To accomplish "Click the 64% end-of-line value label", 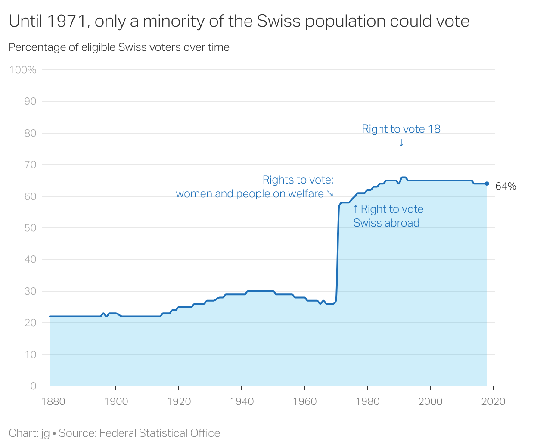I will tap(506, 186).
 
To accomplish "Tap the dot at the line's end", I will tap(487, 184).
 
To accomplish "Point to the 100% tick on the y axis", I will tap(23, 70).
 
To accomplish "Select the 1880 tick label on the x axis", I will tap(53, 401).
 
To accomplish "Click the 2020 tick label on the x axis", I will tap(493, 401).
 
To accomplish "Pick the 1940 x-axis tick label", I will tap(242, 401).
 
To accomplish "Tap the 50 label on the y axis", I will tap(30, 228).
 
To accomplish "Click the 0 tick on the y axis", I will tap(33, 386).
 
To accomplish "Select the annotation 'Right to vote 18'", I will tap(401, 129).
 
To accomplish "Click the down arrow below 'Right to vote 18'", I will tap(401, 143).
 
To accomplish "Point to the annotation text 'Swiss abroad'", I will tap(386, 223).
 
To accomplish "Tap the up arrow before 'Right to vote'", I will tap(356, 209).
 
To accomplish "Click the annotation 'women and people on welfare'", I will tap(250, 194).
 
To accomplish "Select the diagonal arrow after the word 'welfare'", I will tap(330, 194).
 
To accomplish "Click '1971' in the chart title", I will tap(66, 21).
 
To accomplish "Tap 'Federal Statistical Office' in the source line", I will tap(159, 433).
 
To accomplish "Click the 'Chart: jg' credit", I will tap(29, 433).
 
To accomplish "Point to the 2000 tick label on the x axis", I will tap(430, 401).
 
